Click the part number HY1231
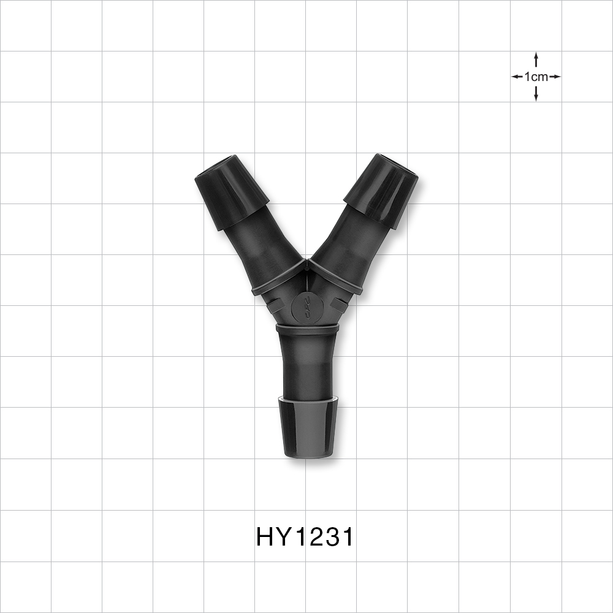(x=305, y=537)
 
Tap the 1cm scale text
(x=536, y=77)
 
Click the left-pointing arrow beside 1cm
(x=516, y=77)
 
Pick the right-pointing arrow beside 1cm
(x=555, y=77)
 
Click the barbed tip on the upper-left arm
(x=231, y=191)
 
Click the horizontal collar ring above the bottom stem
(x=307, y=329)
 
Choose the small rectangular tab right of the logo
(x=338, y=303)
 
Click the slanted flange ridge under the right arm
(x=335, y=276)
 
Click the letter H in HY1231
(x=264, y=537)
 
